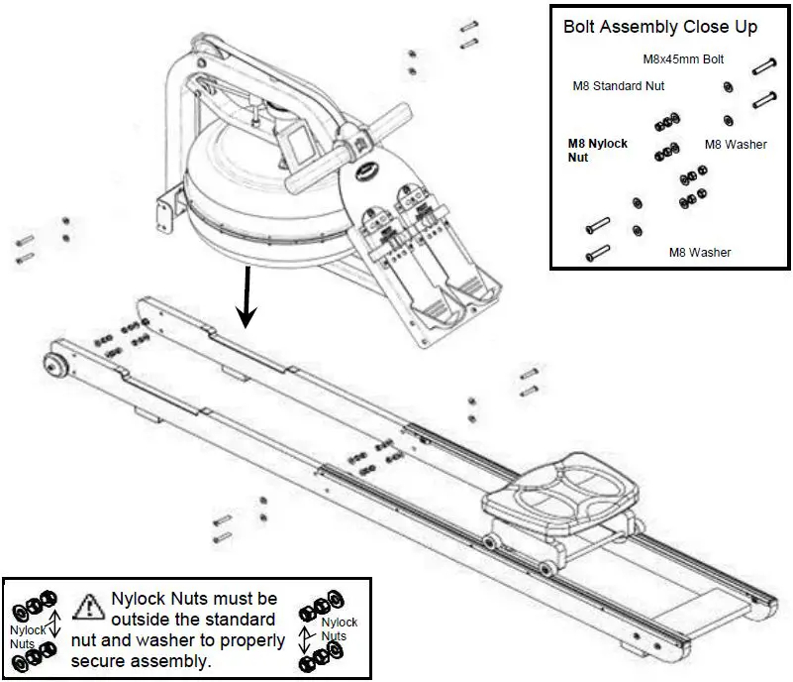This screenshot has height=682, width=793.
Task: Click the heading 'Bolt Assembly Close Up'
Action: pos(660,27)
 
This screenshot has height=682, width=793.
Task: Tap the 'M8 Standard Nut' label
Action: pos(619,86)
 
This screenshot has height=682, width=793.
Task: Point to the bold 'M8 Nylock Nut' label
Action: pos(597,151)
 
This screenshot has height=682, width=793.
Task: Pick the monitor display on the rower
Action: pos(294,142)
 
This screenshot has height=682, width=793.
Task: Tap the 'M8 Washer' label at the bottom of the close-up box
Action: pos(700,253)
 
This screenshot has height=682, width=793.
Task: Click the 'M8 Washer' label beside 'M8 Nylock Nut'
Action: pos(736,145)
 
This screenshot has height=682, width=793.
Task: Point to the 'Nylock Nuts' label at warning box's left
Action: pos(28,636)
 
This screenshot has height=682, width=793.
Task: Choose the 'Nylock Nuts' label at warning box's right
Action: pos(337,628)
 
